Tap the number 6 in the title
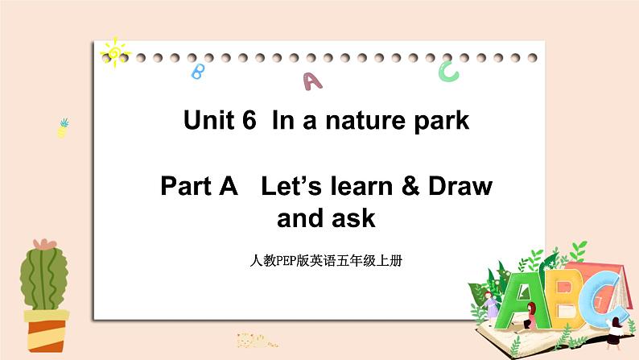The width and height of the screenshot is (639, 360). (x=249, y=122)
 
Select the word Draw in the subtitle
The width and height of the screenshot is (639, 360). (x=464, y=187)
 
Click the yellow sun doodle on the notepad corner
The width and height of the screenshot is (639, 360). (x=115, y=52)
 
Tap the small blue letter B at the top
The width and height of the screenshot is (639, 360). (x=196, y=72)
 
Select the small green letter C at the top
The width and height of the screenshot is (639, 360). (x=448, y=72)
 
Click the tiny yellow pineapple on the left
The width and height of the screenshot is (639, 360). (x=63, y=128)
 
